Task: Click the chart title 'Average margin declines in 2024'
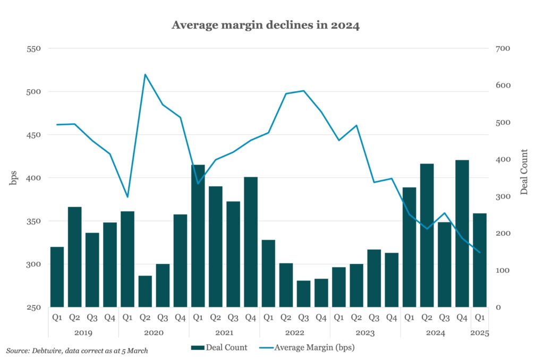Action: click(265, 25)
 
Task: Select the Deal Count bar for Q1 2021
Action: click(198, 236)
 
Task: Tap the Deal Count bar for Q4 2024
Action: click(462, 234)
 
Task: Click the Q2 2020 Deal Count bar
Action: click(145, 291)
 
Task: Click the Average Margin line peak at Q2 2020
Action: click(145, 74)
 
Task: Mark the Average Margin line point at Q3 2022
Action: click(303, 91)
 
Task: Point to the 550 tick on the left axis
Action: click(33, 49)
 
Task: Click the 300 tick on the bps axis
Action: click(33, 264)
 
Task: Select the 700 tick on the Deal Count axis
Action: click(503, 49)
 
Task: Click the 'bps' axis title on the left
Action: click(13, 178)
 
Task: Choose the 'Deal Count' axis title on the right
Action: click(524, 172)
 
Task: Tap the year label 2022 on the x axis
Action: click(294, 333)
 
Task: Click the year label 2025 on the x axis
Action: click(480, 333)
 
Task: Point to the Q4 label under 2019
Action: click(110, 318)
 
